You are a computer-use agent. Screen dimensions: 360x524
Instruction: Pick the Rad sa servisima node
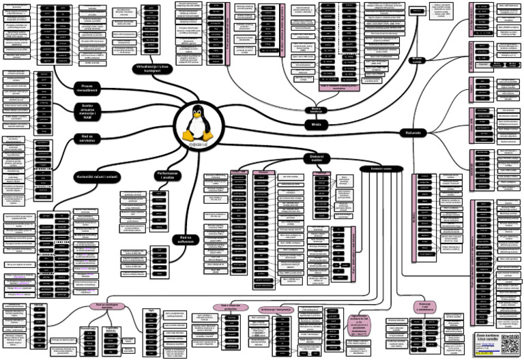point(86,138)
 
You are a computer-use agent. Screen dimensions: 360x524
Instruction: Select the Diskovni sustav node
point(316,157)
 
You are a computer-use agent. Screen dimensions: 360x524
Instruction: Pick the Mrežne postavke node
point(417,61)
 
